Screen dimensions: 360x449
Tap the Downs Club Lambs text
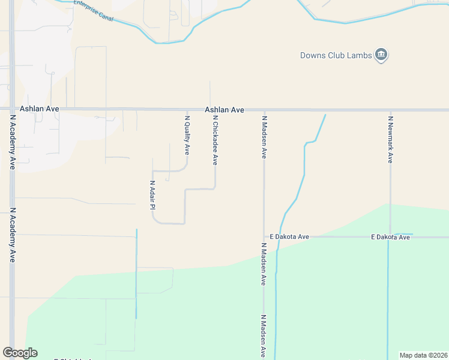point(336,56)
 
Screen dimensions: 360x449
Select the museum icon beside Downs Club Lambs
point(381,56)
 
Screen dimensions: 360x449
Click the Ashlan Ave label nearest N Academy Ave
point(40,109)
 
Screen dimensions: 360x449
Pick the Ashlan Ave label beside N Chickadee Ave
point(224,110)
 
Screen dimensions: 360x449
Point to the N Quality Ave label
point(187,136)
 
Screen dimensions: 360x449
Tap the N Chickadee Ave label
point(215,140)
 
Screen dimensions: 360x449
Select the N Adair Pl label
point(152,195)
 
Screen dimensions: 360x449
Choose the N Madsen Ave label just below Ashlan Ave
point(264,137)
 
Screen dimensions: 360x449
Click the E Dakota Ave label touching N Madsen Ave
point(289,237)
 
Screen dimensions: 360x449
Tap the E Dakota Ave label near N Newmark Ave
point(390,237)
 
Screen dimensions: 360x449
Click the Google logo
point(20,353)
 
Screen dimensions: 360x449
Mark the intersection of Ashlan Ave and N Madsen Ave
point(264,110)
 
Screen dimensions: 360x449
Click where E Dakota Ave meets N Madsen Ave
point(264,237)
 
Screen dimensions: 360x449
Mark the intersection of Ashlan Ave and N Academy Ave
point(12,109)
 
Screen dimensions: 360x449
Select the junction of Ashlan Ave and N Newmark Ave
point(391,110)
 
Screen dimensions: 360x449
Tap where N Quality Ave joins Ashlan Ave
point(187,110)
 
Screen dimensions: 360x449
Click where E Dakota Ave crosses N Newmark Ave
point(391,236)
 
